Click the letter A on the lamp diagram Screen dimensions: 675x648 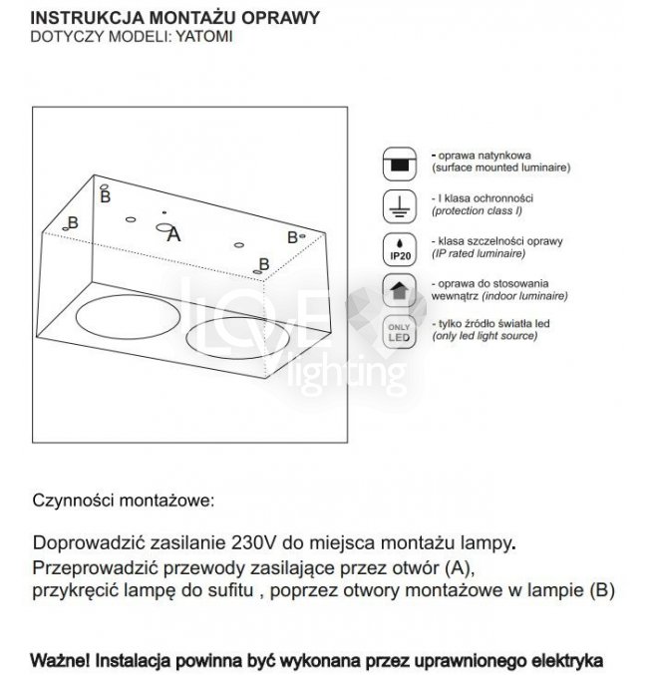[x=173, y=235]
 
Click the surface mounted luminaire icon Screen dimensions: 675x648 [x=399, y=164]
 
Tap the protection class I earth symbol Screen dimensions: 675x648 [x=399, y=206]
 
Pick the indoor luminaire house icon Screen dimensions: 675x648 [x=399, y=291]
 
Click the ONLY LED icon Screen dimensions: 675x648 [x=399, y=332]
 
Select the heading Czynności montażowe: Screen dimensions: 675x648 [x=124, y=498]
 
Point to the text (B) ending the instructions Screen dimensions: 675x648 [x=600, y=590]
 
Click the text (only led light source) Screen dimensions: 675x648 [x=485, y=337]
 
